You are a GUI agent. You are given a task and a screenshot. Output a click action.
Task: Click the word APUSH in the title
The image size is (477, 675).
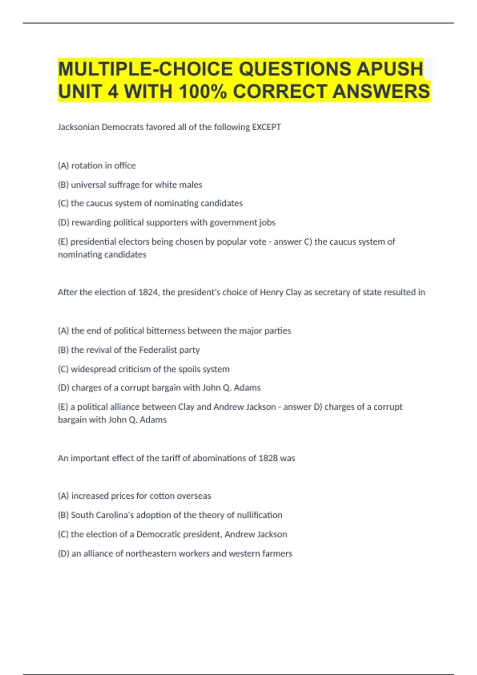[x=390, y=69]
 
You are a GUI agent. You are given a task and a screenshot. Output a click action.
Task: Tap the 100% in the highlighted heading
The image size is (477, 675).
[x=203, y=92]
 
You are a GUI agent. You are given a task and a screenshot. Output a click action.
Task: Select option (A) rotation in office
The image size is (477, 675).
[x=97, y=166]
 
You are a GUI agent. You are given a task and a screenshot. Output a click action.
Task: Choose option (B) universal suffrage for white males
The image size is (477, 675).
[x=130, y=185]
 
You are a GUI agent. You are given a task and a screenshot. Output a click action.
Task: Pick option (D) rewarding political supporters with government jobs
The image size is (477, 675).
[x=167, y=222]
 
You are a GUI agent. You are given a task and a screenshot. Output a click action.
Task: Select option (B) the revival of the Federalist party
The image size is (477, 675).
[x=129, y=350]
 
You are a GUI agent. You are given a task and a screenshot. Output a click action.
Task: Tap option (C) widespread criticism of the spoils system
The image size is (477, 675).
[x=143, y=369]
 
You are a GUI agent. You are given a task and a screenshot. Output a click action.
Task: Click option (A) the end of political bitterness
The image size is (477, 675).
[x=174, y=331]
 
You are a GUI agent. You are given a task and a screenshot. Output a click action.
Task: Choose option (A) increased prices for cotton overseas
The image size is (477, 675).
[x=134, y=496]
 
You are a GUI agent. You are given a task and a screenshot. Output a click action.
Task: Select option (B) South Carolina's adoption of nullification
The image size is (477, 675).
[x=170, y=515]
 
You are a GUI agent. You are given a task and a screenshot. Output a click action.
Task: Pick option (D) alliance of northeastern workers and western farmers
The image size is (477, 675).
[x=175, y=553]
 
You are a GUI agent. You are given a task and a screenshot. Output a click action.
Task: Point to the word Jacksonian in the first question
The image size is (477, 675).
[x=78, y=127]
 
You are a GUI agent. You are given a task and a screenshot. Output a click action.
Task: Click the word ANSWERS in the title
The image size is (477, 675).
[x=381, y=92]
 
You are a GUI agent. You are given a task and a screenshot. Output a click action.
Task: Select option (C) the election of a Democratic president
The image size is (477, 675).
[x=173, y=534]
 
